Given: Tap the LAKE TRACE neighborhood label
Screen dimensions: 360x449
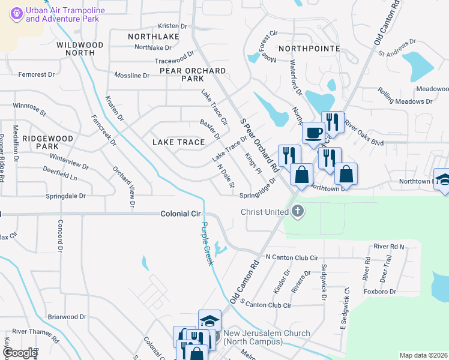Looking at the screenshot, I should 178,142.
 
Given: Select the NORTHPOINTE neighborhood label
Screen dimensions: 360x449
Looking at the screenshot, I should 309,48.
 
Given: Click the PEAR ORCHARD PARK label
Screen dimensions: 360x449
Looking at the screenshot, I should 193,74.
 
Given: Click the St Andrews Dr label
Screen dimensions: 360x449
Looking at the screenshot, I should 397,47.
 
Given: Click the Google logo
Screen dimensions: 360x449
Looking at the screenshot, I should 20,353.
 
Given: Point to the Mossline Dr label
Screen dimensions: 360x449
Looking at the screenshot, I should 131,76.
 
